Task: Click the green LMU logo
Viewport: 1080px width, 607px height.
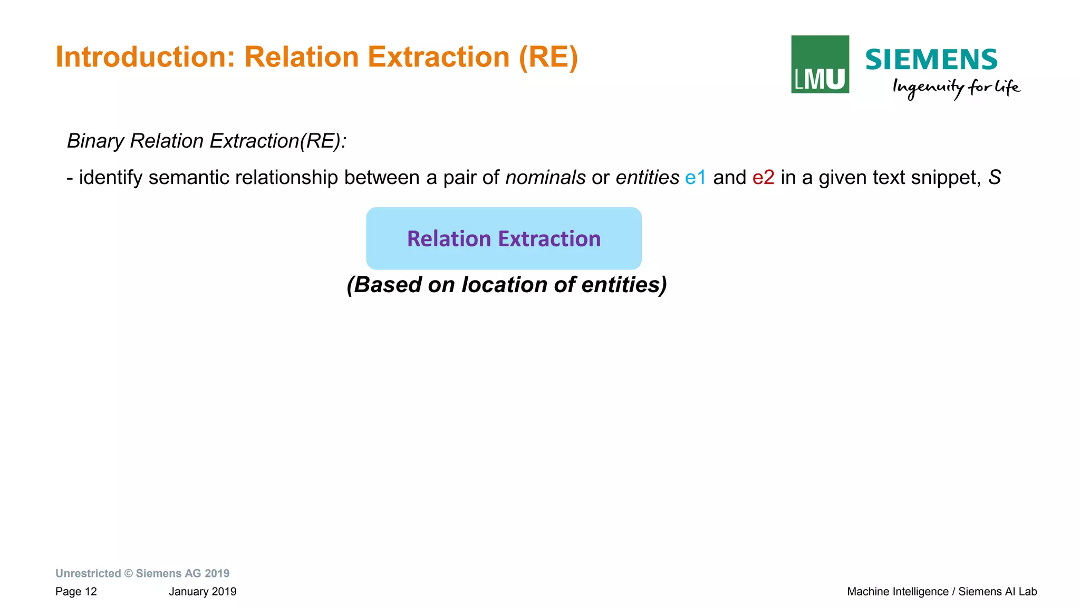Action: click(x=819, y=64)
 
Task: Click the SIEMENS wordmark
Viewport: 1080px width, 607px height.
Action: click(x=931, y=60)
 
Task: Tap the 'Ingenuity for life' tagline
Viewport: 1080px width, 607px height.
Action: click(x=956, y=88)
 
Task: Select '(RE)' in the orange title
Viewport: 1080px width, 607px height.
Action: click(x=548, y=57)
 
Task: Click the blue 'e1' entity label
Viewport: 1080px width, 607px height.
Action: click(x=695, y=178)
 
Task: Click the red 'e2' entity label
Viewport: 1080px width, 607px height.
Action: click(x=763, y=178)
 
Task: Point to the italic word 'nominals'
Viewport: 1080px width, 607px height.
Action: click(x=545, y=178)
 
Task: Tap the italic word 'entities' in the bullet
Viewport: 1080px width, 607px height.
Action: click(x=647, y=178)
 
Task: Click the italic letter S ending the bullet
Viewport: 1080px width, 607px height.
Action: click(x=994, y=178)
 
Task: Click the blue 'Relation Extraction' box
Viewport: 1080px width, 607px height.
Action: click(x=504, y=238)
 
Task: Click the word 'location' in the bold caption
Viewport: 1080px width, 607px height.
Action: click(x=504, y=285)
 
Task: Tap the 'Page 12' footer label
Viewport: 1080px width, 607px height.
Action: click(x=76, y=592)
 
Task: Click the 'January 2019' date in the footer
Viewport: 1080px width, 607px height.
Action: click(x=202, y=592)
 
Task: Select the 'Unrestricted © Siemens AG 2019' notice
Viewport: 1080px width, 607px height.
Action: click(x=142, y=573)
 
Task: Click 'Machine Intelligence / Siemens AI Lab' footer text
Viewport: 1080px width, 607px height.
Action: click(x=942, y=592)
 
